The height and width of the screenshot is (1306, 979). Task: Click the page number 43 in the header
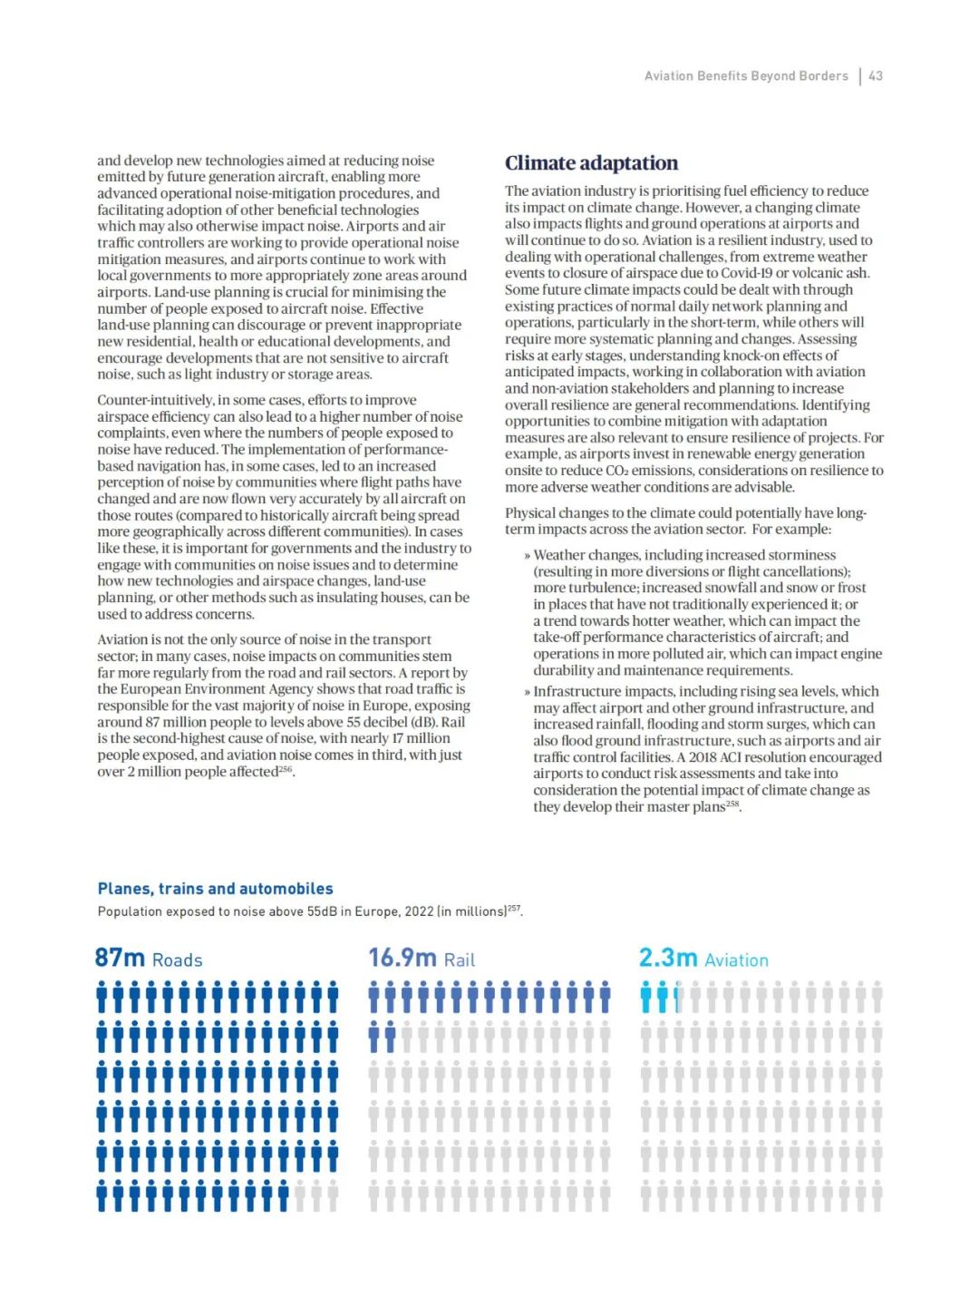(x=876, y=76)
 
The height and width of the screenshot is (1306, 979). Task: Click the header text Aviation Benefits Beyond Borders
(x=746, y=76)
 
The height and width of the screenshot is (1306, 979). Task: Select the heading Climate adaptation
(x=591, y=163)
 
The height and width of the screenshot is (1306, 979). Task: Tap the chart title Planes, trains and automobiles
(x=215, y=889)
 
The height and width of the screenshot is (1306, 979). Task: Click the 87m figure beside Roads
(x=120, y=958)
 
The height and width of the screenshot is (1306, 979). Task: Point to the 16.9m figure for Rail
(x=402, y=958)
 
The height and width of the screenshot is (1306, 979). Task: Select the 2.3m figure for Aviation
(x=667, y=958)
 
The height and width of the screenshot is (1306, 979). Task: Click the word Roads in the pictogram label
(x=177, y=960)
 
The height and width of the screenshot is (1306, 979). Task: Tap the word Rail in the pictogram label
(x=460, y=960)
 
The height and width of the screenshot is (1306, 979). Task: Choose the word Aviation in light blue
(x=736, y=960)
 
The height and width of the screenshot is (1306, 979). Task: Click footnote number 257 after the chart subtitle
(x=514, y=908)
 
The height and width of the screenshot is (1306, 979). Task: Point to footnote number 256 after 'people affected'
(x=286, y=769)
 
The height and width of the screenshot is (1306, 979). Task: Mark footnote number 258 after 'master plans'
(x=732, y=804)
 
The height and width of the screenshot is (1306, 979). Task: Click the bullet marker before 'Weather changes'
(x=527, y=555)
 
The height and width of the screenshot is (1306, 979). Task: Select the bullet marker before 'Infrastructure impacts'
(x=527, y=692)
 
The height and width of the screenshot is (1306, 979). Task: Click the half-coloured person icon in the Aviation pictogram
(x=678, y=997)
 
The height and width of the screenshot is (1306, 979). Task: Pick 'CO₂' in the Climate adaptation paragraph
(x=620, y=471)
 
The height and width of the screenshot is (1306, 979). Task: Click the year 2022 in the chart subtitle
(x=418, y=911)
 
